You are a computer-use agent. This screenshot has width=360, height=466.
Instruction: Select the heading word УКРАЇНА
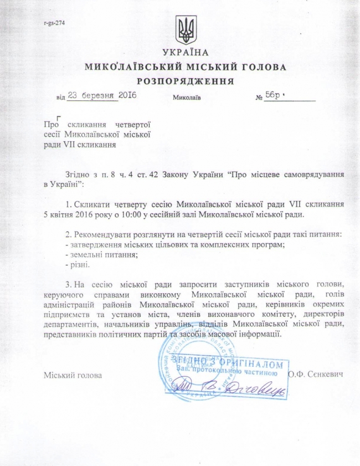pos(186,53)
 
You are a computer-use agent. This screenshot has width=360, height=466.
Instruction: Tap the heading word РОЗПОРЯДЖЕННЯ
pos(186,81)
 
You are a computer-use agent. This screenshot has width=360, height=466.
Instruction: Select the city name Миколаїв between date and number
pos(187,98)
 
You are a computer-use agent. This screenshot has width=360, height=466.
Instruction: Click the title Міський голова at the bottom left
pos(73,375)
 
